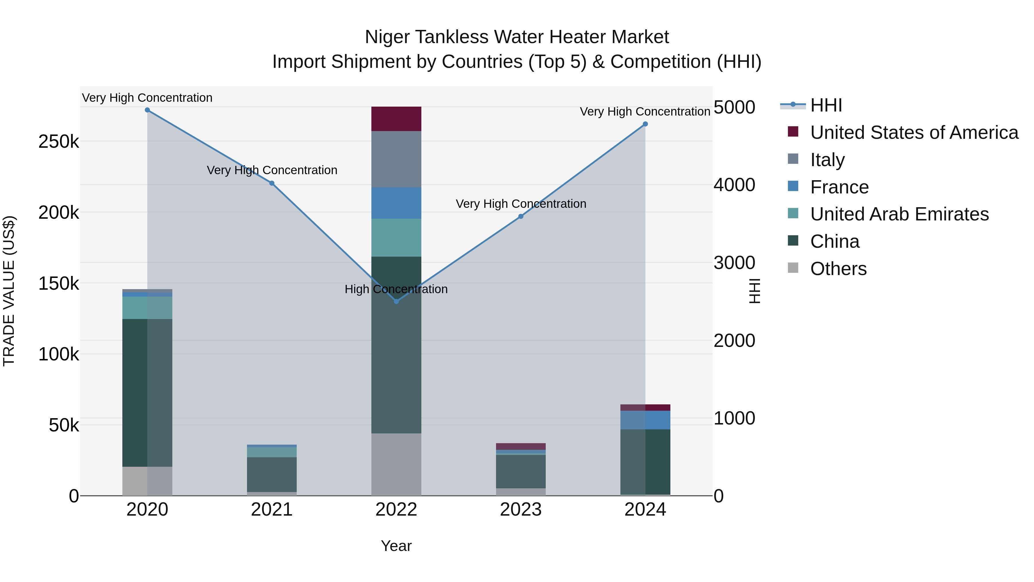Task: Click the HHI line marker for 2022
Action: tap(396, 301)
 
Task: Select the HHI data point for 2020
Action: tap(147, 110)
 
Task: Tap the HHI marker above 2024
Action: tap(645, 124)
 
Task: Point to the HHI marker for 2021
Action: tap(272, 183)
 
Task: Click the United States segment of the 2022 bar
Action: tap(396, 119)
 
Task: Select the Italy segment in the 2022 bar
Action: tap(396, 159)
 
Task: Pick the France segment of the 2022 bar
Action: tap(396, 203)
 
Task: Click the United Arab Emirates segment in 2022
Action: tap(396, 237)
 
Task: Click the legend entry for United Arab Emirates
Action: tap(899, 214)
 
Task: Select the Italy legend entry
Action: tap(827, 160)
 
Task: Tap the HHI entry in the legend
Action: tap(826, 105)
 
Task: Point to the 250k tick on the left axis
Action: tap(59, 142)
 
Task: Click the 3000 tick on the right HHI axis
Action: tap(734, 263)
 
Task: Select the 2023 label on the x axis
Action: tap(521, 510)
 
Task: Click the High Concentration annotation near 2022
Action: tap(396, 289)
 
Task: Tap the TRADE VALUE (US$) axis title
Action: tap(9, 291)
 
